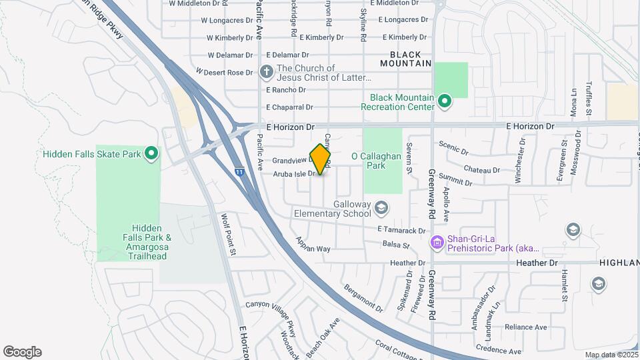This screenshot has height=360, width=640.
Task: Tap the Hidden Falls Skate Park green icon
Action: point(151,154)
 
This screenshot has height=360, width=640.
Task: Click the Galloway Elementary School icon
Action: point(381,209)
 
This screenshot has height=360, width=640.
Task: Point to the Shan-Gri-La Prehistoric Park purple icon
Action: point(437,241)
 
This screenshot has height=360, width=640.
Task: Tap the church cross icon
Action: point(266,71)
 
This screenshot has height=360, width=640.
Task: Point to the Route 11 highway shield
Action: point(239,172)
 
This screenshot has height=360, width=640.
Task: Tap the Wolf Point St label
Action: point(229,234)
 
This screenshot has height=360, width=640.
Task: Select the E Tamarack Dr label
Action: point(401,230)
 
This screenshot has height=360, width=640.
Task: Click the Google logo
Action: point(22,352)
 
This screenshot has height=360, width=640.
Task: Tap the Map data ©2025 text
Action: point(610,355)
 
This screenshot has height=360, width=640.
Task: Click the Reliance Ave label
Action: point(525,327)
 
